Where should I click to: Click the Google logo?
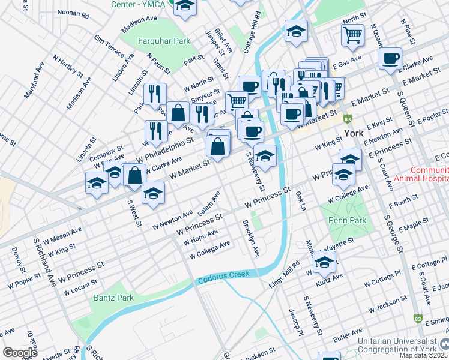(x=19, y=352)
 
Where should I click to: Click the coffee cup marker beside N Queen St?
(x=390, y=58)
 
